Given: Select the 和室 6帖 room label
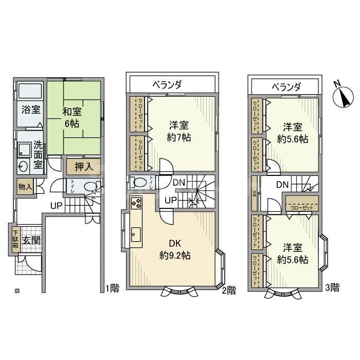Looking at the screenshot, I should click(x=71, y=117).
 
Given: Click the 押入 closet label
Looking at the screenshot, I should click(x=77, y=167).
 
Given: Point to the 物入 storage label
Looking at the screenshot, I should click(x=23, y=187).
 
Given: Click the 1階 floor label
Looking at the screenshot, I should click(x=113, y=289).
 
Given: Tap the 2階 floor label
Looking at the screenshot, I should click(x=229, y=291).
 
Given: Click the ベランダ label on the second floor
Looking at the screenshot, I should click(x=168, y=84).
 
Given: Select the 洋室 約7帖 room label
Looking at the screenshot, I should click(x=181, y=131).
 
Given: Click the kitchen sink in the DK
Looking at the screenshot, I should click(x=136, y=233).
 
